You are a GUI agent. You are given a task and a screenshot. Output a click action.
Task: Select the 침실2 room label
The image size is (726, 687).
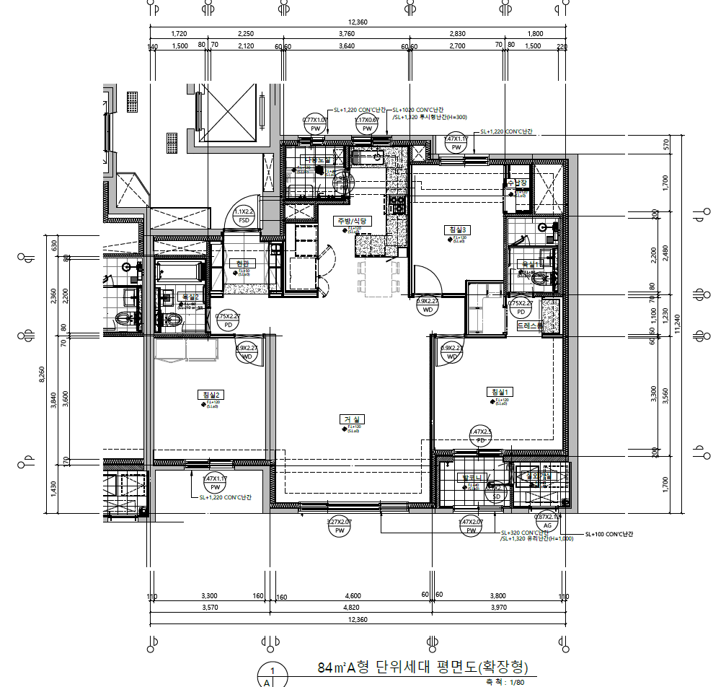[x=211, y=395]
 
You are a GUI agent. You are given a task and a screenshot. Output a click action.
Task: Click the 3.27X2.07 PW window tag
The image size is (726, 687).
[x=339, y=526]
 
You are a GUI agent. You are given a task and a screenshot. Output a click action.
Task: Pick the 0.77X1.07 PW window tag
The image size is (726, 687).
[x=314, y=124]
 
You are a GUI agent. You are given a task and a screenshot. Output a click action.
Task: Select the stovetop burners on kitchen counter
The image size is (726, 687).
[x=397, y=204]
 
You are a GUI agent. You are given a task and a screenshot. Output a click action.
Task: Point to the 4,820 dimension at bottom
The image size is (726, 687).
[x=353, y=608]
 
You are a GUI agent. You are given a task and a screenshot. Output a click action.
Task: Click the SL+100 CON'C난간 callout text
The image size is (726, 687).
[x=608, y=534]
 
